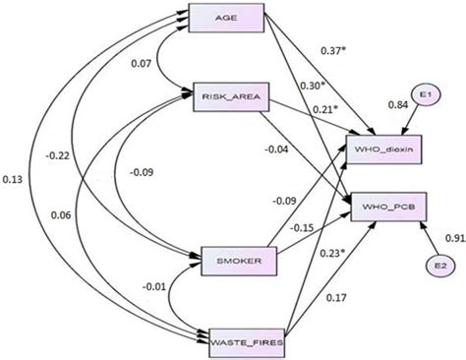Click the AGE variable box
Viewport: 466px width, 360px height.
229,21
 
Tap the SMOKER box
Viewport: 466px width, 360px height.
229,261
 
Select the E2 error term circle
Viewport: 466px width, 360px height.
437,266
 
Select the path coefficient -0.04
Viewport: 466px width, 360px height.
302,150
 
